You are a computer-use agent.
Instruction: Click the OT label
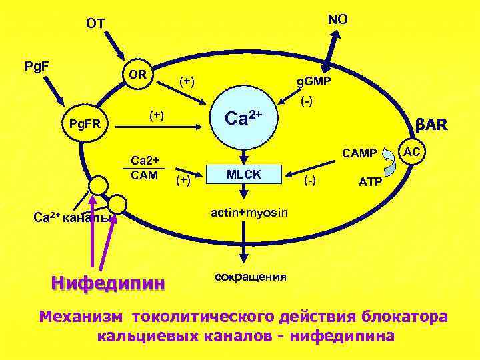click(x=95, y=23)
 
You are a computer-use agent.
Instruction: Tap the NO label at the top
click(x=337, y=20)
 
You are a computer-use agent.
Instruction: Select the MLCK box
click(x=244, y=174)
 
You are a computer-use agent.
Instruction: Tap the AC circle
click(x=412, y=152)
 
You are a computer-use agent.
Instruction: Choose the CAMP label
click(x=359, y=154)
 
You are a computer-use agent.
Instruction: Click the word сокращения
click(x=251, y=276)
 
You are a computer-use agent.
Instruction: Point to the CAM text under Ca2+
click(x=145, y=175)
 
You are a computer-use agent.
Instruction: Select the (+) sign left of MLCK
click(x=183, y=180)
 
